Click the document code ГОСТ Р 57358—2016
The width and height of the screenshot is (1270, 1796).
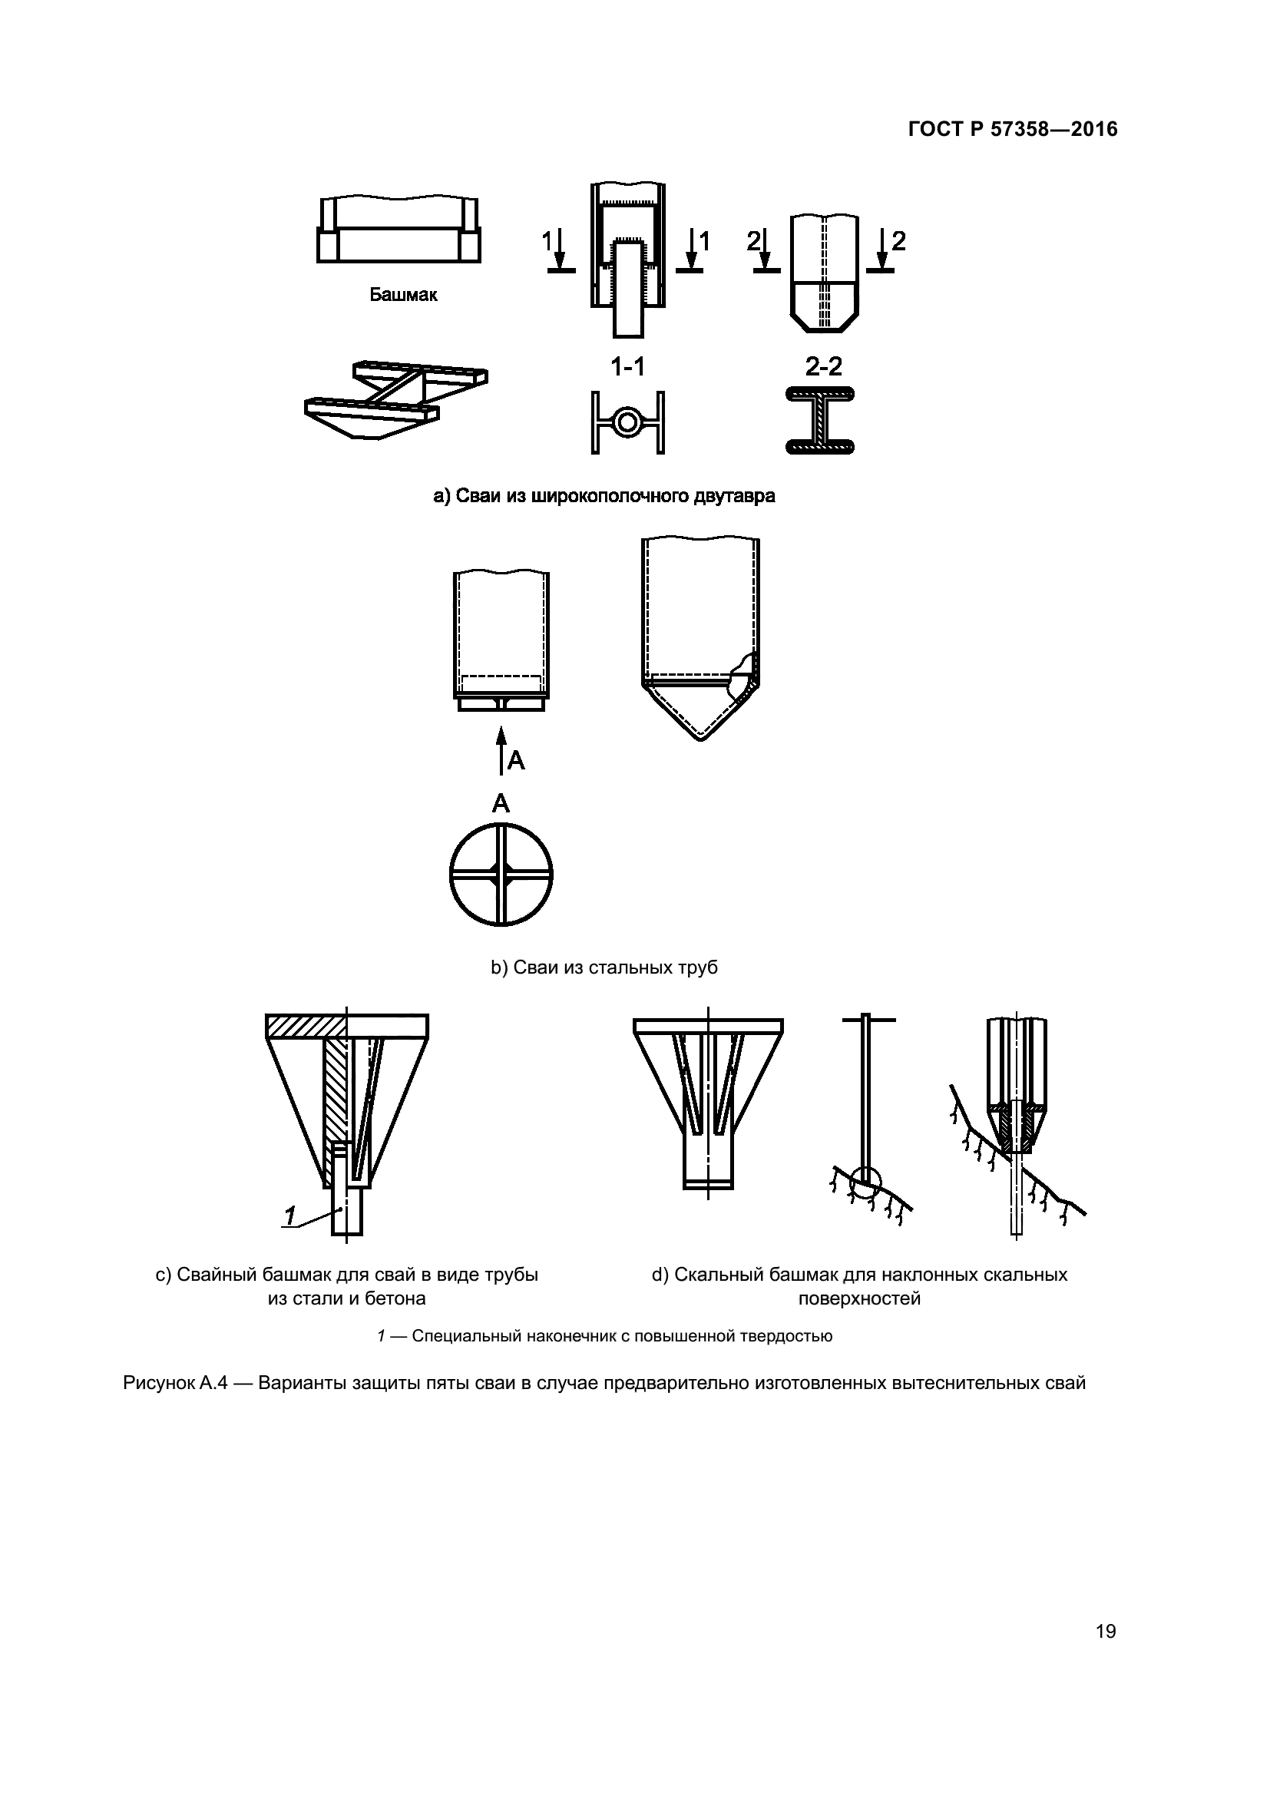coord(1013,130)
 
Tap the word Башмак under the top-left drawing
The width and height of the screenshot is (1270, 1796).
coord(404,296)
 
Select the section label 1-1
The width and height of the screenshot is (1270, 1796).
coord(628,366)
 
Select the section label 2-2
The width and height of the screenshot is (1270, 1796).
coord(823,366)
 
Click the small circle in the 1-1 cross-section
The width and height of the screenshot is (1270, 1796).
coord(627,422)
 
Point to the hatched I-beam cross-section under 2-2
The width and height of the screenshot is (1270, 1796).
coord(819,421)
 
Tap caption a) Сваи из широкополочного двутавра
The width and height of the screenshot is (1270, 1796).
coord(604,496)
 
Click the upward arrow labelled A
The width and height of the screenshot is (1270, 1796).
coord(501,749)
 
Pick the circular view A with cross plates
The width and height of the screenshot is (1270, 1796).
coord(501,874)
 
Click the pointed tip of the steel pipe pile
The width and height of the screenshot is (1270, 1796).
coord(701,736)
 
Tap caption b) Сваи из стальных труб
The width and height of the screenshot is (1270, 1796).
coord(604,967)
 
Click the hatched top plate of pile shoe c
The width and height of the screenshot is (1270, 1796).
coord(306,1026)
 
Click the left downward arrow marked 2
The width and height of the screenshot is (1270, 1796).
coord(764,250)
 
